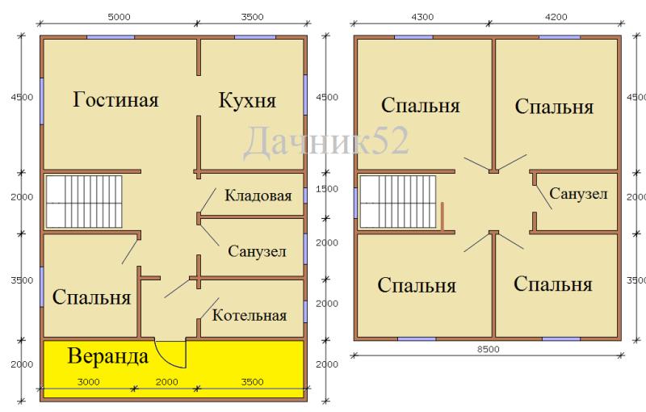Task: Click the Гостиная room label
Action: coord(115,100)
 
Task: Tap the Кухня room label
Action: coord(247,100)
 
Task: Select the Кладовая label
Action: coord(258,195)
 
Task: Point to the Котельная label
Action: coord(250,316)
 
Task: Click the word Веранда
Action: coord(107,356)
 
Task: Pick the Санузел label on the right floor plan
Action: coord(578,193)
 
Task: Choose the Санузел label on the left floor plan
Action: coord(257,251)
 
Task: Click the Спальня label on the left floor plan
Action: coord(91,296)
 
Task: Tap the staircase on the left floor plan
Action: coord(84,201)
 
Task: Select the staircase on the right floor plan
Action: coord(397,201)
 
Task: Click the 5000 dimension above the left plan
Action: coord(119,17)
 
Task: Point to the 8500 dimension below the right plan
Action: coord(489,349)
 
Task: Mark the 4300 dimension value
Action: coord(422,17)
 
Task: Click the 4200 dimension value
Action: coord(556,17)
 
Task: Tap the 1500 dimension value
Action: coord(327,189)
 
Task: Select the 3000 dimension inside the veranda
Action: coord(88,382)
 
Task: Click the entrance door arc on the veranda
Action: coord(166,358)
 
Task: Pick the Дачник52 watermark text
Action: coord(326,141)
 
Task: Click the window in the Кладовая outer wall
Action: coord(305,195)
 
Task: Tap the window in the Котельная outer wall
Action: coord(305,312)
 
